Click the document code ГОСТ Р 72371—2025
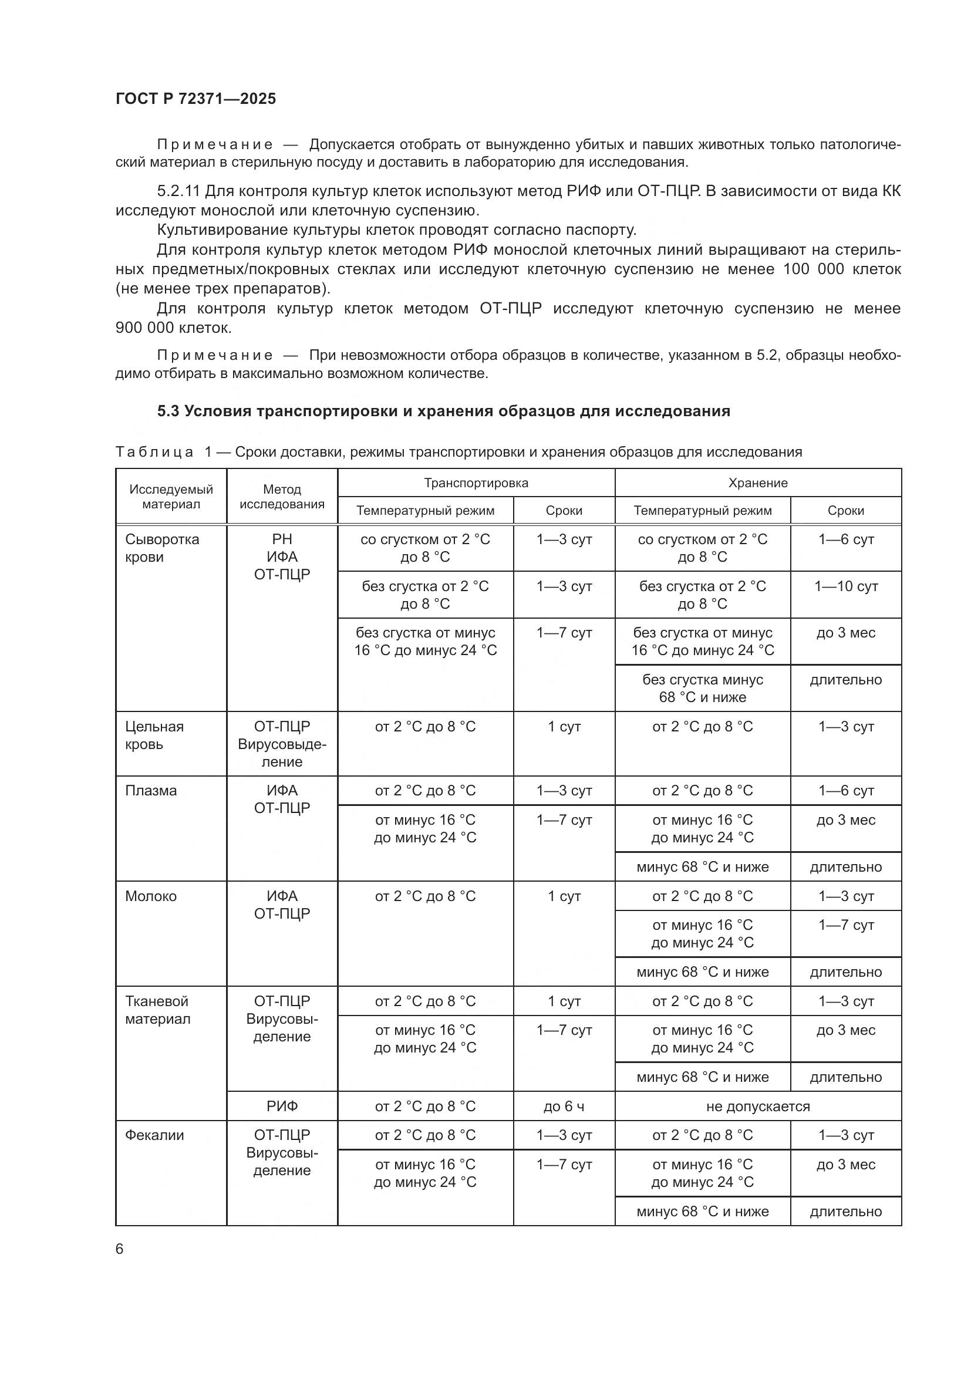pos(195,99)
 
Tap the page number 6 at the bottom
pos(120,1249)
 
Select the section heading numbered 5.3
pos(443,411)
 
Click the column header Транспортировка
pos(476,483)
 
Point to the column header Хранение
pos(757,483)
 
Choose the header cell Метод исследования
pos(282,497)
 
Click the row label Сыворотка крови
pos(161,548)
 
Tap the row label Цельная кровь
pos(154,736)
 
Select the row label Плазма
pos(151,791)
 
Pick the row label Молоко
pos(151,896)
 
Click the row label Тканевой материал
pos(157,1010)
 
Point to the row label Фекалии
pos(154,1135)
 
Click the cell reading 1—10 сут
pos(845,586)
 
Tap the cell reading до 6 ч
pos(564,1107)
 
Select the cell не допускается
pos(757,1107)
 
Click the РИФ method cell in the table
pos(282,1107)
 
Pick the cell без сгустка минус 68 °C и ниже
pos(703,689)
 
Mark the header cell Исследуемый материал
pos(171,497)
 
